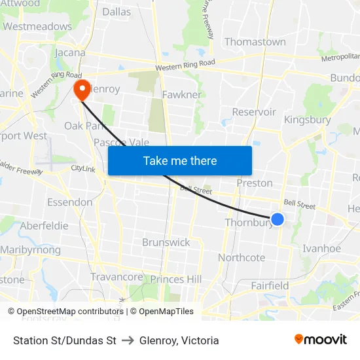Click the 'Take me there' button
pyautogui.click(x=180, y=160)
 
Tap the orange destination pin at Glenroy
pyautogui.click(x=82, y=90)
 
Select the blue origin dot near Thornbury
pyautogui.click(x=278, y=219)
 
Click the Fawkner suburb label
pyautogui.click(x=181, y=94)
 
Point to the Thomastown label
pyautogui.click(x=255, y=42)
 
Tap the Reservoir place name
pyautogui.click(x=254, y=112)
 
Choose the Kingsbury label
pyautogui.click(x=307, y=120)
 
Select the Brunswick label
pyautogui.click(x=166, y=242)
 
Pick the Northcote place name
pyautogui.click(x=241, y=257)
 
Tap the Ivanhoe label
pyautogui.click(x=321, y=248)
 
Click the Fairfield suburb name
pyautogui.click(x=270, y=285)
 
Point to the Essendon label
pyautogui.click(x=69, y=202)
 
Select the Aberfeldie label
pyautogui.click(x=44, y=225)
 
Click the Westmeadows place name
pyautogui.click(x=37, y=27)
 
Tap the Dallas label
pyautogui.click(x=117, y=12)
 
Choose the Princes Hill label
pyautogui.click(x=176, y=279)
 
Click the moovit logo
pyautogui.click(x=321, y=340)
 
